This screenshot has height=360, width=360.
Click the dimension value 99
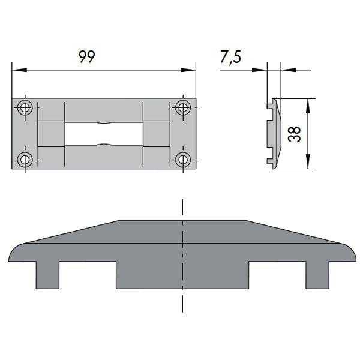[x=87, y=56]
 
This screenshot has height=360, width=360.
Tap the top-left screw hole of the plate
[x=25, y=109]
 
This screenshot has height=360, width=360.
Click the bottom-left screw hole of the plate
[x=25, y=160]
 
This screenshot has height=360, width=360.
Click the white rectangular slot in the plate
[x=104, y=134]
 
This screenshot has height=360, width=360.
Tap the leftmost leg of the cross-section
[x=47, y=275]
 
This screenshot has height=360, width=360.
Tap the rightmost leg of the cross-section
[x=317, y=275]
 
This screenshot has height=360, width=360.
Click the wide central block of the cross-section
[x=182, y=273]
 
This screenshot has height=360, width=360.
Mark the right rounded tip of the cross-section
[x=350, y=252]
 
